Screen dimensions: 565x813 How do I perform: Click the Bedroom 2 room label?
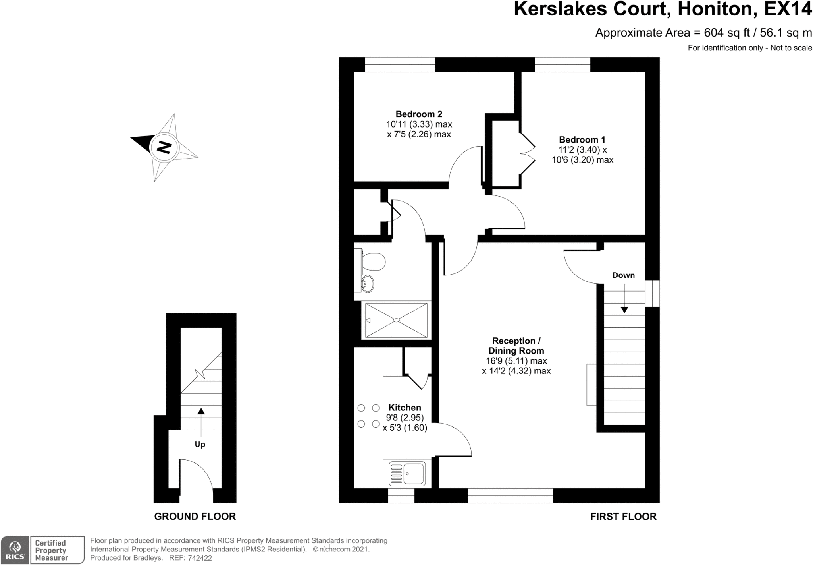click(419, 114)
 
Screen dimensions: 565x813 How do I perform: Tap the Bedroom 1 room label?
click(582, 140)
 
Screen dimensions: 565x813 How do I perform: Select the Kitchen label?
click(405, 408)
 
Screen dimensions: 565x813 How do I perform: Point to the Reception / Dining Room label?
click(516, 346)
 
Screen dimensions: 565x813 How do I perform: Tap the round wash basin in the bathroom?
click(367, 284)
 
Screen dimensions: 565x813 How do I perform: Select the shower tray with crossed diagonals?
click(396, 320)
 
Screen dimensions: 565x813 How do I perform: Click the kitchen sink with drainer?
click(407, 474)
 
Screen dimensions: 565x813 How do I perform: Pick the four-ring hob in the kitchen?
click(368, 416)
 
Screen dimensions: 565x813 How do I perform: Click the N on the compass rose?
click(164, 148)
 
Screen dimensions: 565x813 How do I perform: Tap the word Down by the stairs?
click(623, 275)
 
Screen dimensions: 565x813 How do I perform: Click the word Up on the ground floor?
click(200, 445)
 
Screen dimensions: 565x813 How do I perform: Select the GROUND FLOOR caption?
click(195, 517)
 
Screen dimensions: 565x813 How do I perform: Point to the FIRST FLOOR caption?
click(623, 517)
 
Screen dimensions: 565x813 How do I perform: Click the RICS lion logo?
click(15, 550)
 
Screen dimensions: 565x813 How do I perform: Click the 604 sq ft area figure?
click(721, 33)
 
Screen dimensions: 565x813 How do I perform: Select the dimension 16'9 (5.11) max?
click(516, 361)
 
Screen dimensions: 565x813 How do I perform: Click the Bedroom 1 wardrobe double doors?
click(528, 154)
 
